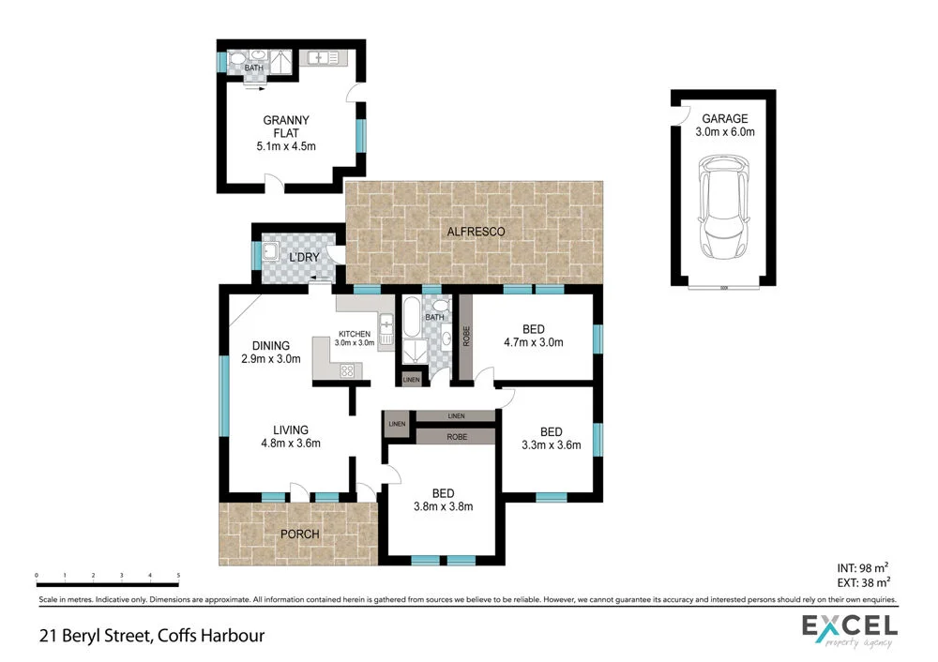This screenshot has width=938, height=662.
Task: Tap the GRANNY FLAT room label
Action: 287,126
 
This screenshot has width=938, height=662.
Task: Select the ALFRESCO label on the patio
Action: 476,232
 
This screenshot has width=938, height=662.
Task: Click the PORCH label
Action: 299,534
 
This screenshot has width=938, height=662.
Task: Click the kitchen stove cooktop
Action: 348,369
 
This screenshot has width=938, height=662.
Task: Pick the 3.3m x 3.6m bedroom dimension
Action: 551,445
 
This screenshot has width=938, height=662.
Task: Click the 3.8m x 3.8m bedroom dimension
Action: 443,507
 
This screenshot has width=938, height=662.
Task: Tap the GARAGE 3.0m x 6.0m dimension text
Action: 725,132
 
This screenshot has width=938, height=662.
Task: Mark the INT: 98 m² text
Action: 860,567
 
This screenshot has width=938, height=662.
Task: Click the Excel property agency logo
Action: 849,629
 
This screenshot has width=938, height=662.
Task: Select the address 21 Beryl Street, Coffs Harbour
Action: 152,635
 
